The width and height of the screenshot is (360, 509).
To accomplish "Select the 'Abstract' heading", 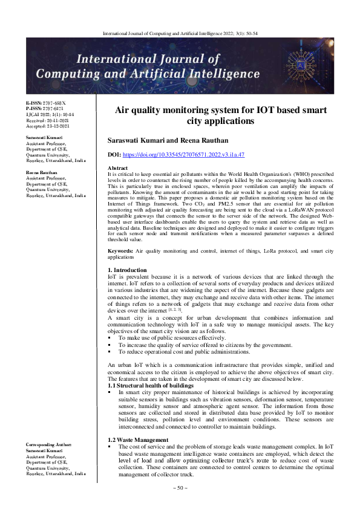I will click(x=117, y=167).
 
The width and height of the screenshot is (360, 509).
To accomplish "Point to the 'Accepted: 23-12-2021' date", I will click(x=48, y=127).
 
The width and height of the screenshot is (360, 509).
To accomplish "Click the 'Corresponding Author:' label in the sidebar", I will click(x=48, y=445).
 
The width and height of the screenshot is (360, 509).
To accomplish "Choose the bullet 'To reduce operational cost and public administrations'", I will click(x=186, y=351).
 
